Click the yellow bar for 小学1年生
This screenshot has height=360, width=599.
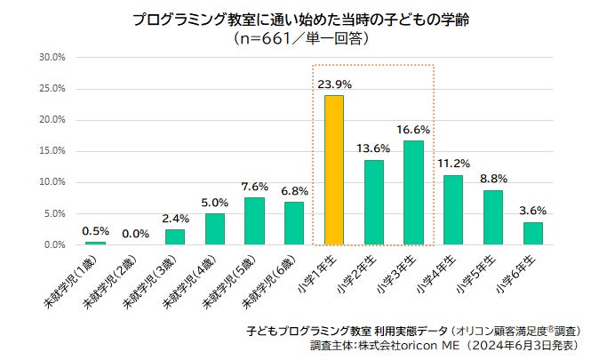click(x=333, y=170)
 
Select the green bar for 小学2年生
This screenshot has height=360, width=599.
click(x=373, y=202)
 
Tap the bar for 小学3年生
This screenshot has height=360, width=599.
click(x=413, y=192)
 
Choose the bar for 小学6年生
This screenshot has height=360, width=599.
click(x=532, y=233)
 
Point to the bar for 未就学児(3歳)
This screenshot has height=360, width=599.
click(x=175, y=236)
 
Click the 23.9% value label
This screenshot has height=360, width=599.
click(x=334, y=84)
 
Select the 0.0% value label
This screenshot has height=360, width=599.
click(x=135, y=233)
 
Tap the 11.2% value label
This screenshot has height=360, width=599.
click(x=453, y=164)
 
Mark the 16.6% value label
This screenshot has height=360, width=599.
click(x=413, y=130)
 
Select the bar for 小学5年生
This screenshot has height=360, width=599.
click(x=492, y=217)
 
